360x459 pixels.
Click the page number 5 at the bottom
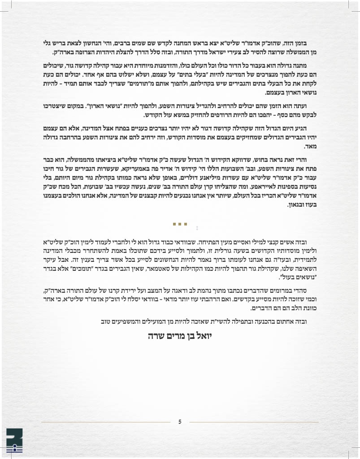coord(180,421)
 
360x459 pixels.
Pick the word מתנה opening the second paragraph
coord(307,66)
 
